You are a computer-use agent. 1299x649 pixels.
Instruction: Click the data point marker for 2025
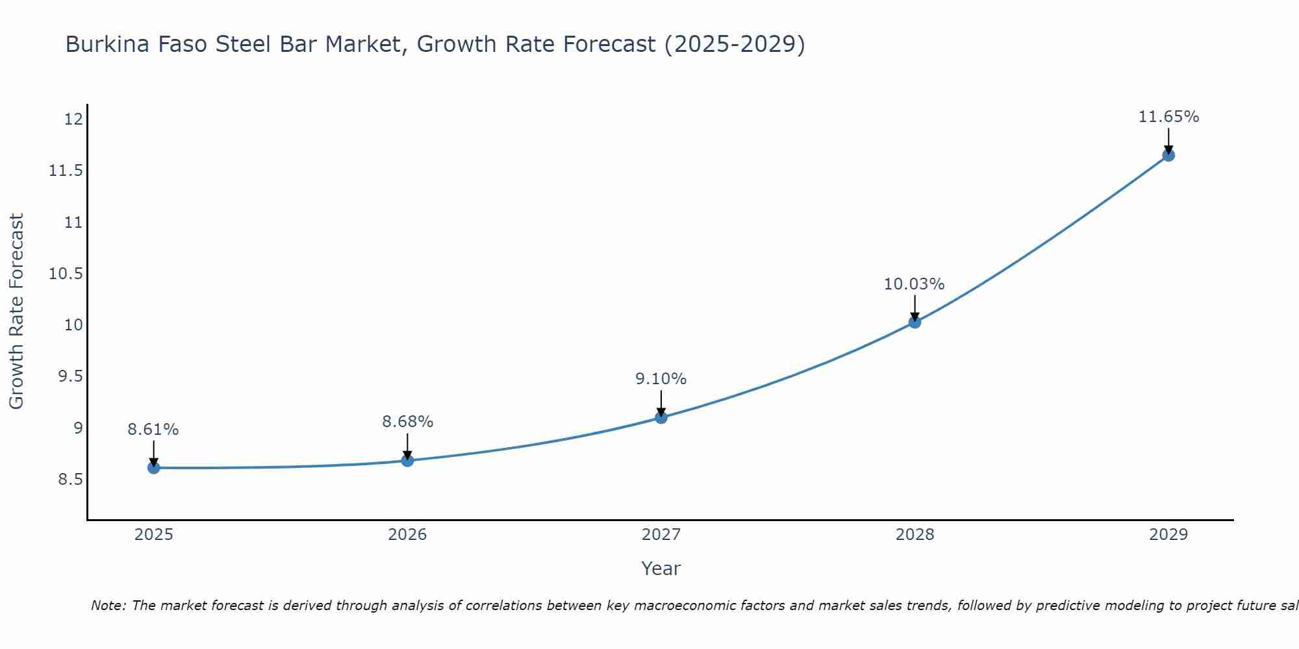pyautogui.click(x=153, y=467)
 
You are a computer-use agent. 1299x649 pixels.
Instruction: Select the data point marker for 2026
pyautogui.click(x=407, y=460)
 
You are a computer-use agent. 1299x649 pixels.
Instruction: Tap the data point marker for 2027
pyautogui.click(x=661, y=417)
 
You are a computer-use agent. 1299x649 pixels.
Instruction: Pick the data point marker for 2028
pyautogui.click(x=914, y=322)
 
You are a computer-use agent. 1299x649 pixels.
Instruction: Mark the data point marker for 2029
pyautogui.click(x=1168, y=155)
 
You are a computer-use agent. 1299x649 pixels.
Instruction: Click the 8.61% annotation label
pyautogui.click(x=153, y=430)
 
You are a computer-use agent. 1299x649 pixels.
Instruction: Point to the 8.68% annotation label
pyautogui.click(x=407, y=422)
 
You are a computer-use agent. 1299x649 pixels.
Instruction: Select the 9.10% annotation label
pyautogui.click(x=661, y=379)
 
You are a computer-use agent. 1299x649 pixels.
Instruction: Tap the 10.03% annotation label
pyautogui.click(x=914, y=284)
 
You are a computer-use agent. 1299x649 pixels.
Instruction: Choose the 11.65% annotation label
pyautogui.click(x=1168, y=117)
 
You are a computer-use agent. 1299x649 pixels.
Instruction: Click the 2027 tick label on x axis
pyautogui.click(x=661, y=535)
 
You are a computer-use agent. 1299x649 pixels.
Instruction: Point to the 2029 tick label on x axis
pyautogui.click(x=1168, y=535)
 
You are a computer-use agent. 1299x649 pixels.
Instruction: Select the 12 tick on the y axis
pyautogui.click(x=73, y=119)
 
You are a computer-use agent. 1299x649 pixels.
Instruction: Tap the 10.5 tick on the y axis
pyautogui.click(x=66, y=273)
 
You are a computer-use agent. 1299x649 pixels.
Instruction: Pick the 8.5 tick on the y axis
pyautogui.click(x=70, y=480)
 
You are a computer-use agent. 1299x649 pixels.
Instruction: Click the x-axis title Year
pyautogui.click(x=661, y=569)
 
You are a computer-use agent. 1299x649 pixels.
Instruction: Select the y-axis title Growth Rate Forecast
pyautogui.click(x=16, y=312)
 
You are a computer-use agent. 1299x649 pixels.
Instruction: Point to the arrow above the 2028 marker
pyautogui.click(x=914, y=307)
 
